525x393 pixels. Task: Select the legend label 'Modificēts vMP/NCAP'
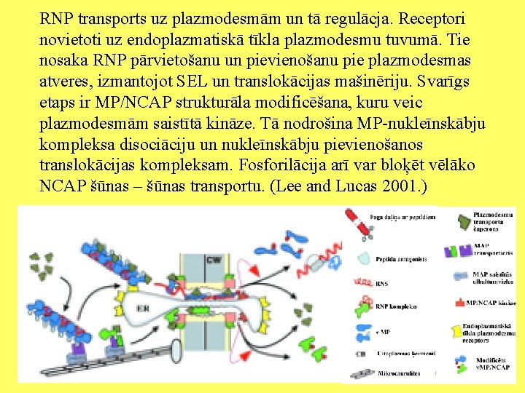(495, 363)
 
